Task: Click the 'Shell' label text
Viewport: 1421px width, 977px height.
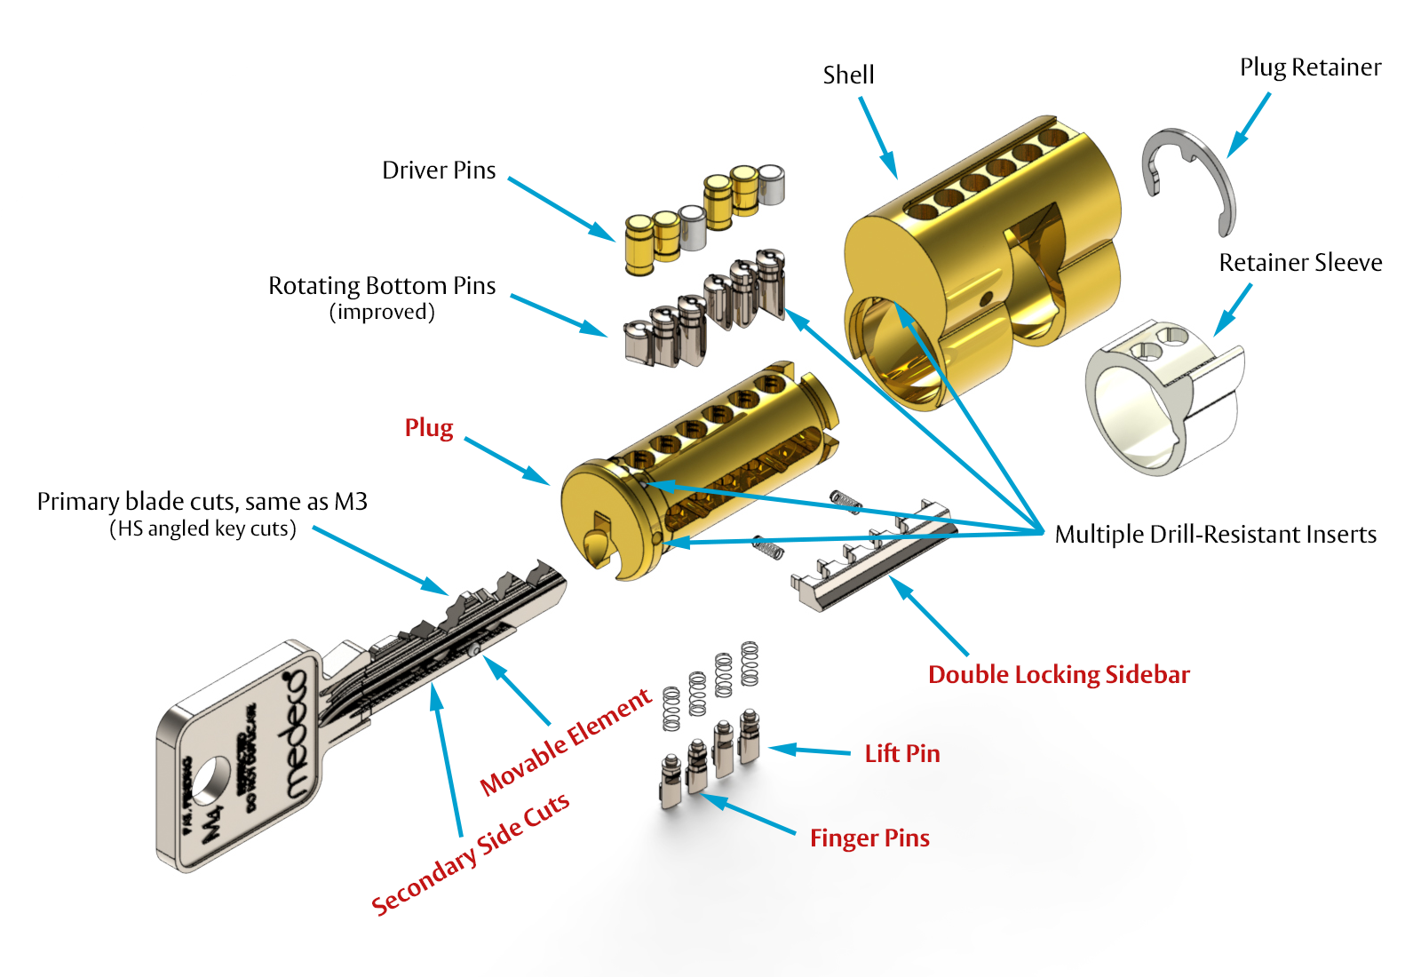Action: (x=848, y=75)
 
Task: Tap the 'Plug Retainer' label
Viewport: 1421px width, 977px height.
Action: (x=1310, y=68)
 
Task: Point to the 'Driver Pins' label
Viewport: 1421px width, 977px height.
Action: (x=439, y=171)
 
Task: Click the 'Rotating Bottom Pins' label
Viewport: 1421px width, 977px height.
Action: (x=382, y=286)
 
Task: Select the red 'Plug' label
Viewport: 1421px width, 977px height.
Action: (x=429, y=428)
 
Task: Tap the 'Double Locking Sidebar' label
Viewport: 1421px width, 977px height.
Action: (x=1059, y=675)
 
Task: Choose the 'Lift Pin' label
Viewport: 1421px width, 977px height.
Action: (x=902, y=754)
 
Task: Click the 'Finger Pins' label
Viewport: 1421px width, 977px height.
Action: (x=869, y=838)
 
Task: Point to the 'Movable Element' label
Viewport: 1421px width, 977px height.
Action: (x=566, y=743)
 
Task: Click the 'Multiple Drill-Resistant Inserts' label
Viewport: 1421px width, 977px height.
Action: (x=1215, y=535)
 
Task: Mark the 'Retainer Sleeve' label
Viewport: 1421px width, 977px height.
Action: (x=1300, y=263)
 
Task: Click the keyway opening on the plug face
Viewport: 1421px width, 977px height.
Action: (x=597, y=537)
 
